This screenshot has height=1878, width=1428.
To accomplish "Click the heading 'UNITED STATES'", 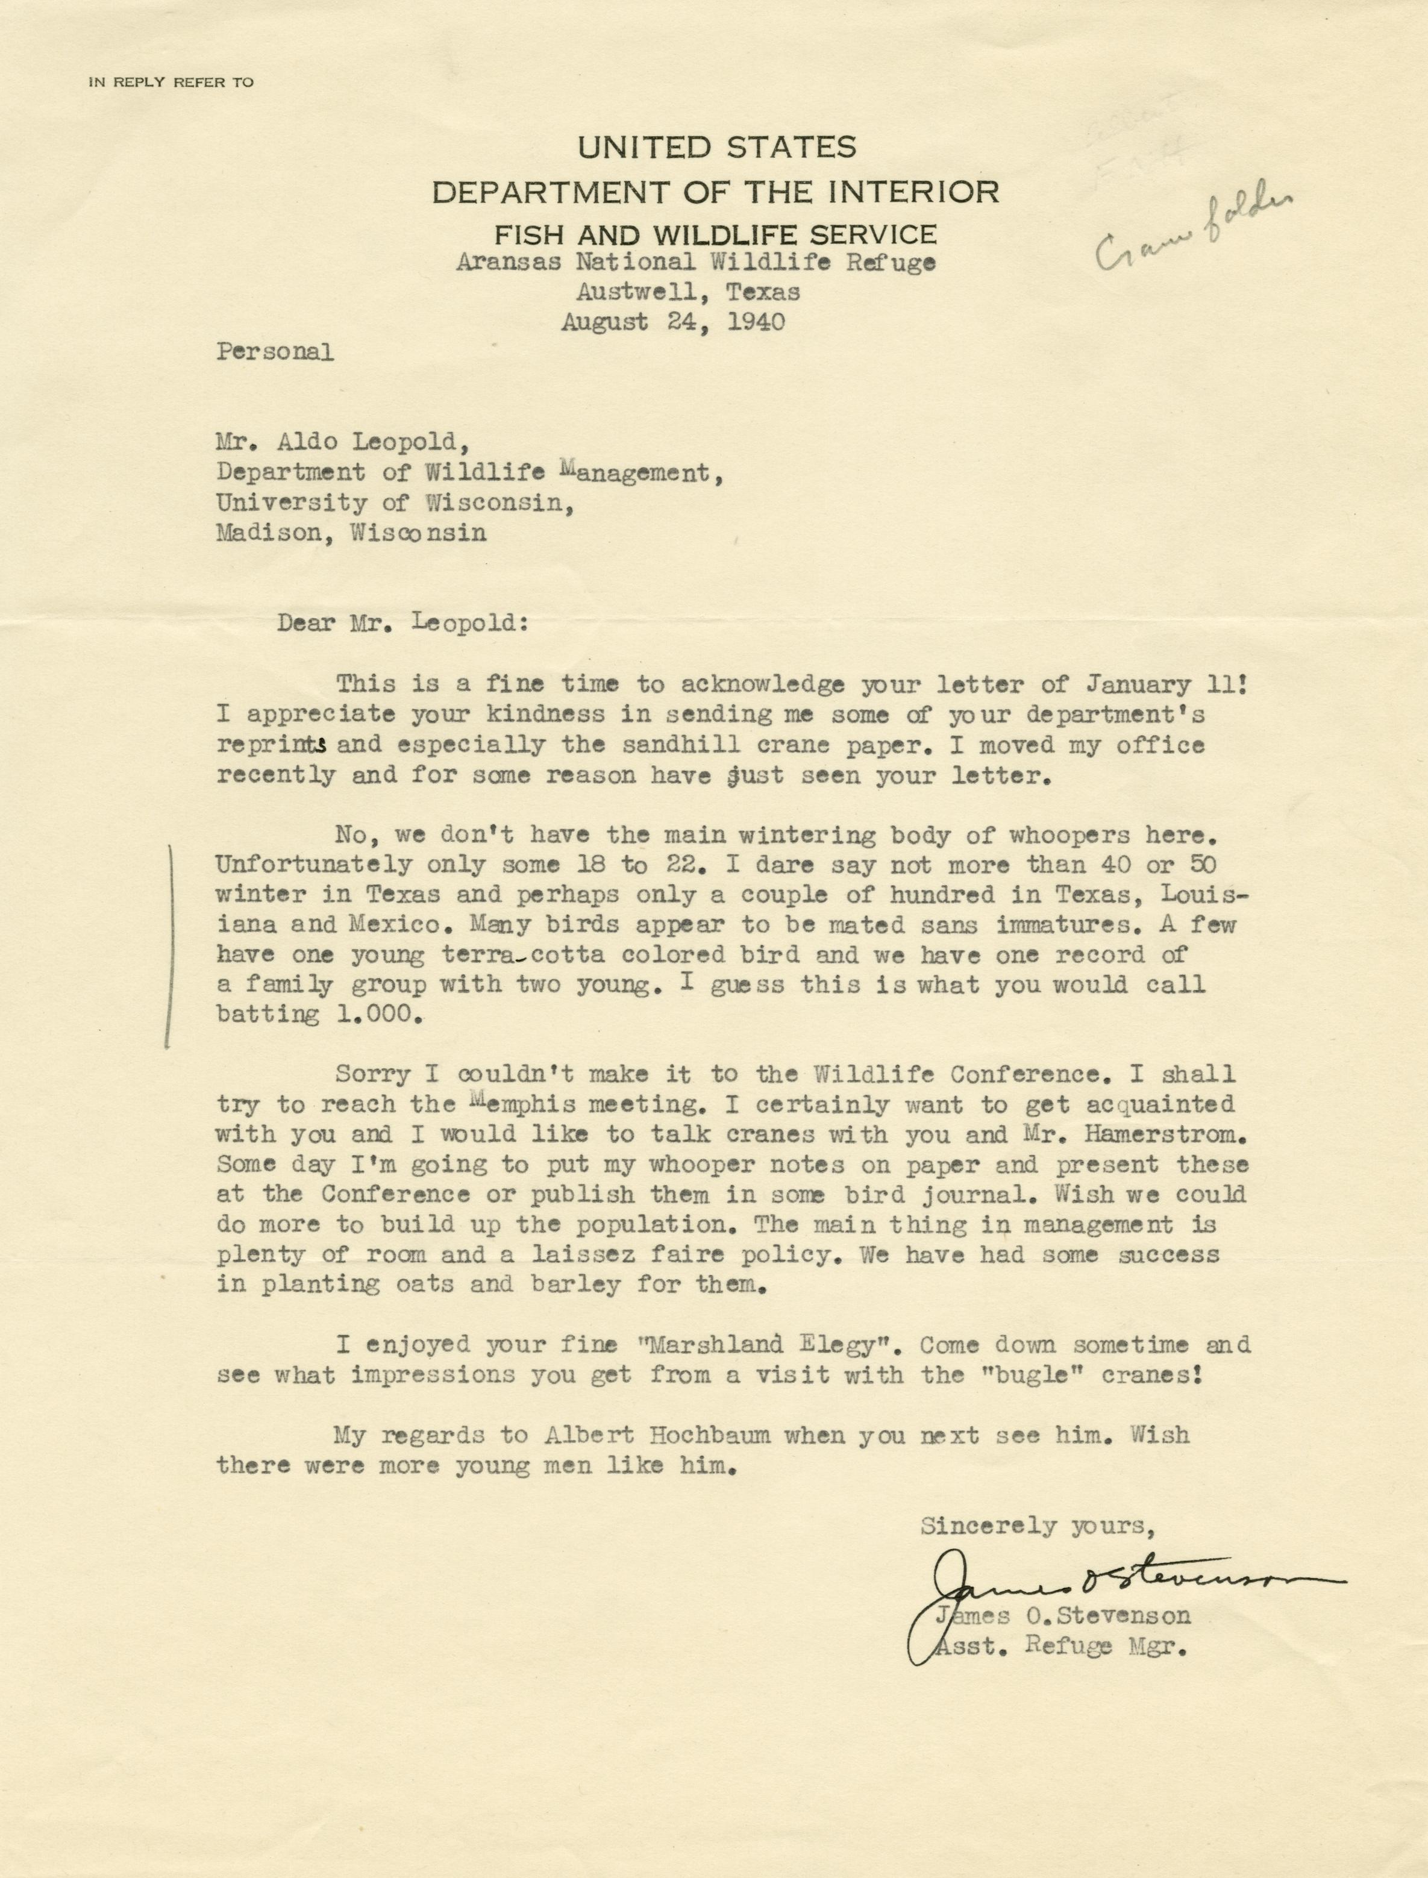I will [x=716, y=148].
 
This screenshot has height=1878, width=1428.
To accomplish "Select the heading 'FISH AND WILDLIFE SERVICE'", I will [x=716, y=234].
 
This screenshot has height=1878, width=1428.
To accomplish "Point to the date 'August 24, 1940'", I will [x=672, y=322].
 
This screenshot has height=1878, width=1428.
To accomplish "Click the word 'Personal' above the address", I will [x=275, y=352].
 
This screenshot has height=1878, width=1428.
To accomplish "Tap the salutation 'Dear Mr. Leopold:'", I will [x=403, y=623].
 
